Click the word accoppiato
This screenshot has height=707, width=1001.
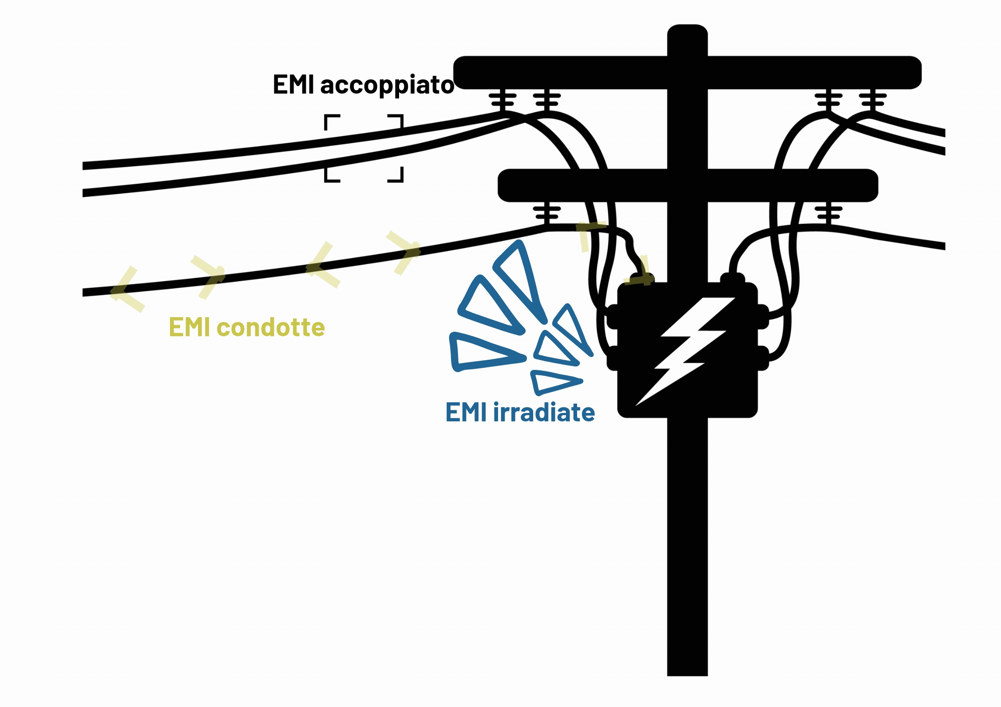pyautogui.click(x=387, y=85)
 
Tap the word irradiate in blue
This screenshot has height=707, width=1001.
pyautogui.click(x=544, y=412)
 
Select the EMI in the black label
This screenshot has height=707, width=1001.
pyautogui.click(x=293, y=85)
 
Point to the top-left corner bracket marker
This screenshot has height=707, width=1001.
pyautogui.click(x=331, y=121)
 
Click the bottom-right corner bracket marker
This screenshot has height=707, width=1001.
pyautogui.click(x=396, y=175)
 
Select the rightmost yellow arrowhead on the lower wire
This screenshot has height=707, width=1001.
pyautogui.click(x=404, y=251)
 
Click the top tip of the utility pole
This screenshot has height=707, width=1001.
pyautogui.click(x=687, y=27)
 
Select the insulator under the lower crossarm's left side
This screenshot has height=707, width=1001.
pyautogui.click(x=547, y=214)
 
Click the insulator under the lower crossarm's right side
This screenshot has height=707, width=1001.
pyautogui.click(x=828, y=214)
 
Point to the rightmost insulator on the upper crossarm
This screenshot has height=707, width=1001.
pyautogui.click(x=872, y=101)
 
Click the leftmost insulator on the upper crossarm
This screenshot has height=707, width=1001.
pyautogui.click(x=502, y=101)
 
